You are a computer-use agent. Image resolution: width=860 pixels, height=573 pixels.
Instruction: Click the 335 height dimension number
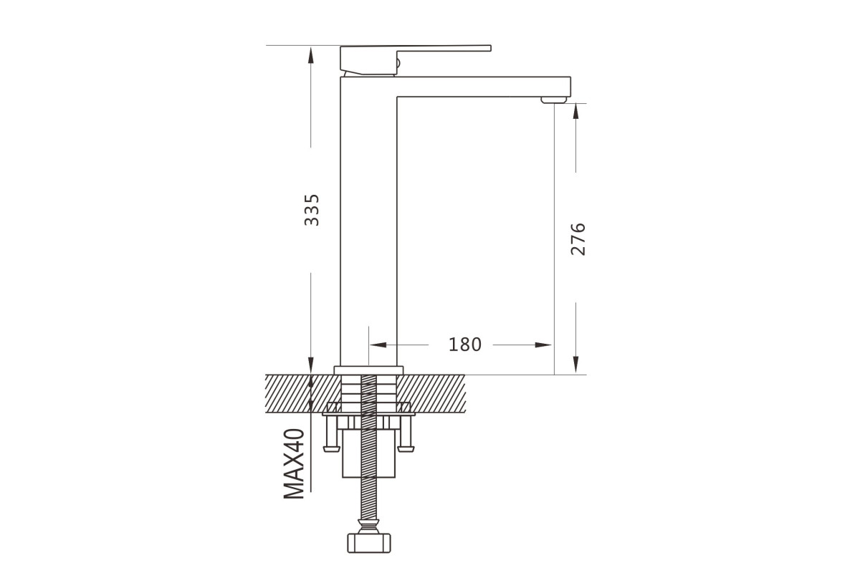(311, 210)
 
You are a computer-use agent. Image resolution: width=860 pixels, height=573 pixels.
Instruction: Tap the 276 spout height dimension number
(578, 239)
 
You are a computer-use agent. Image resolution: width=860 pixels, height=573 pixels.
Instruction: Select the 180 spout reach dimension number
(464, 345)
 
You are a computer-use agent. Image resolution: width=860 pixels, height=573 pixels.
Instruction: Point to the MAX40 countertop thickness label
(294, 463)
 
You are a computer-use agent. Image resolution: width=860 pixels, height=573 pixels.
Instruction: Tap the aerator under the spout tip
(553, 100)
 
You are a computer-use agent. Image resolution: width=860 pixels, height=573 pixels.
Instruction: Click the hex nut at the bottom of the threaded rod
(368, 543)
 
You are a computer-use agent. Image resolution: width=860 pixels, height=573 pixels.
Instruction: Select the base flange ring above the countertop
(368, 370)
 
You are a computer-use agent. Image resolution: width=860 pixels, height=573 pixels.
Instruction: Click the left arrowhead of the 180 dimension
(378, 345)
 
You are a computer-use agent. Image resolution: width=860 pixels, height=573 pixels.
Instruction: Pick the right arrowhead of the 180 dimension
(543, 345)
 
